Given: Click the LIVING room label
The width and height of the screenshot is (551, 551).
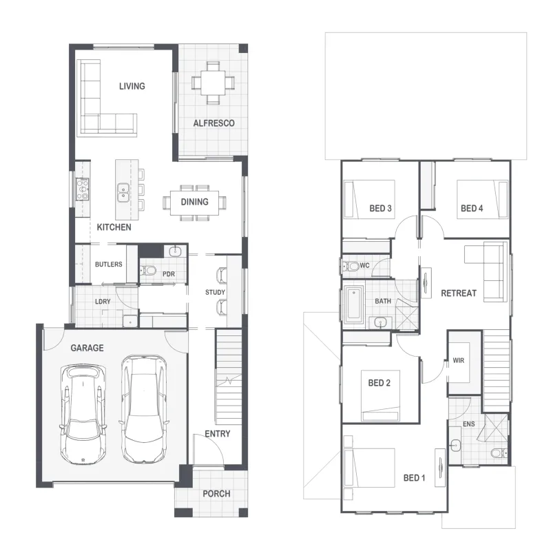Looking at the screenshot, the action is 132,86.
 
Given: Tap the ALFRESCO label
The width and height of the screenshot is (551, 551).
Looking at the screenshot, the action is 214,123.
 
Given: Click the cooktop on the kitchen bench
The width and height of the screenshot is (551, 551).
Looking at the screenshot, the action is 83,189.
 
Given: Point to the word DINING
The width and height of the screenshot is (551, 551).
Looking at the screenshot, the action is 195,202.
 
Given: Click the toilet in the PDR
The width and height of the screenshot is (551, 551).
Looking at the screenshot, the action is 148,271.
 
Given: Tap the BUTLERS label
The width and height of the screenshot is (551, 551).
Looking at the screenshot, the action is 109,264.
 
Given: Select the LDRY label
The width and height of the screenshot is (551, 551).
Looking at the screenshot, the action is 103,302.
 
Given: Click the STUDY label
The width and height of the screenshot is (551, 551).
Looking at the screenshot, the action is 216,292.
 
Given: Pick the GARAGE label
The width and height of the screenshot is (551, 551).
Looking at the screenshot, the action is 87,348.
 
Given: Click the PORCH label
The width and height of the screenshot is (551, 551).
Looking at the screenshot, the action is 216,494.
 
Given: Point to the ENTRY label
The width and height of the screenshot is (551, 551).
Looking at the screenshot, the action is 218,434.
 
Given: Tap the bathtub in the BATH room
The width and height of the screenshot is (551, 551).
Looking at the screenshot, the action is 354,304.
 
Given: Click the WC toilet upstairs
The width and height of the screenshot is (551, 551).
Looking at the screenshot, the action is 352,266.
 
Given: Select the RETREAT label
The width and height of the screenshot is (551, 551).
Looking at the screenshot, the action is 459,293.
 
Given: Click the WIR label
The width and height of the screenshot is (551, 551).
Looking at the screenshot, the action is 459,360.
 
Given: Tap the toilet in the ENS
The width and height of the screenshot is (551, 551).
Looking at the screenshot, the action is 499,453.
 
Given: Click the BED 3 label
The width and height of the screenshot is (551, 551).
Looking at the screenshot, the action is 381,209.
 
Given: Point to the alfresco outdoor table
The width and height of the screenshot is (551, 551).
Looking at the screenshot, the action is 213,83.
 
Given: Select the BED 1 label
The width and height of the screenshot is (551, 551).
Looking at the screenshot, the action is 415,478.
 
